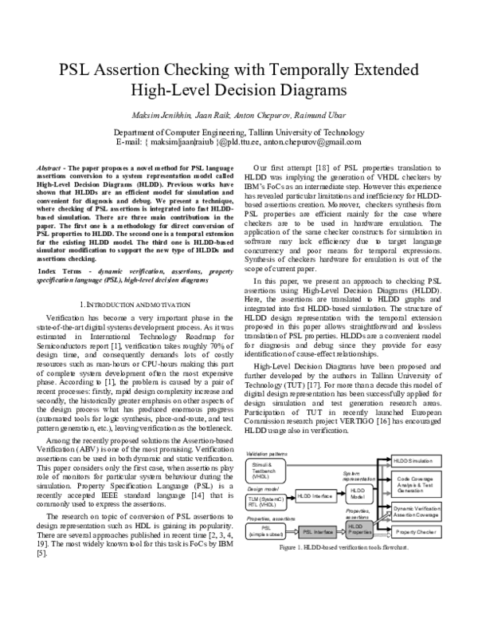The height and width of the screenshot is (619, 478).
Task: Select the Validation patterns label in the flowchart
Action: click(265, 453)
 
